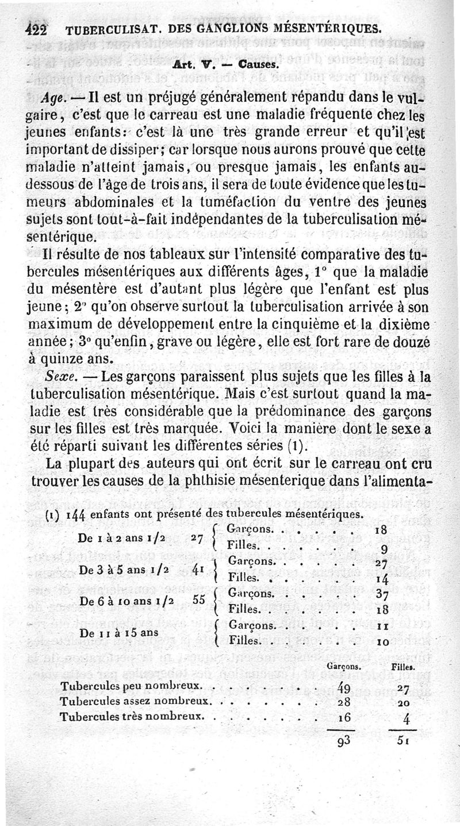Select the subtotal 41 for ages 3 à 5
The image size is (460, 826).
tap(199, 568)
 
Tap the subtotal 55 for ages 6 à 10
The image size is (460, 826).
tap(199, 599)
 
